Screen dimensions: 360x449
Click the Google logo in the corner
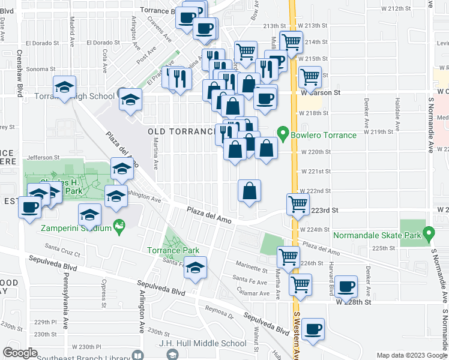20,353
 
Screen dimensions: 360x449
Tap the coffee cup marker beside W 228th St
346,286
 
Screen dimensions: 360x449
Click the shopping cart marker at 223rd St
298,203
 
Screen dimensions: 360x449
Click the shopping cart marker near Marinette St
288,256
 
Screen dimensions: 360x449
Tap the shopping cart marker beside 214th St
291,41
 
